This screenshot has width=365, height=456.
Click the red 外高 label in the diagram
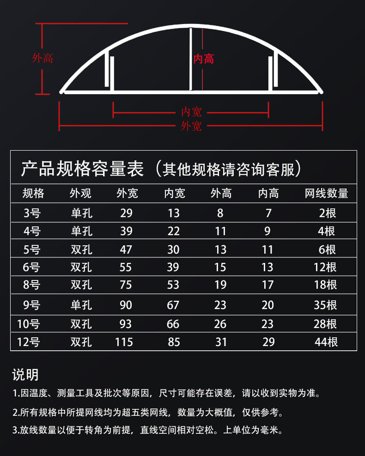(43, 58)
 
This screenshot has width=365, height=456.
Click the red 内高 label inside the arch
(204, 59)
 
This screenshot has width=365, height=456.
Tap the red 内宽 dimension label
(191, 112)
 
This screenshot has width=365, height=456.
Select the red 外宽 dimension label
(191, 126)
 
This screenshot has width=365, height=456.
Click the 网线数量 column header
(326, 194)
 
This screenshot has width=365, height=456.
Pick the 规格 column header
(33, 194)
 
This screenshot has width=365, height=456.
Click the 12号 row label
(28, 342)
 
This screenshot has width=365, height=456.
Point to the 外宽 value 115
(124, 342)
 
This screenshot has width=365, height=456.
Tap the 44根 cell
(326, 342)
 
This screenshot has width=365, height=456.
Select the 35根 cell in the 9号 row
(325, 305)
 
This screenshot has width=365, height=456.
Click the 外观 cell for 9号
(81, 305)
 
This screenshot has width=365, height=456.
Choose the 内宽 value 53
(173, 285)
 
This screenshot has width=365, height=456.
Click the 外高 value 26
(220, 324)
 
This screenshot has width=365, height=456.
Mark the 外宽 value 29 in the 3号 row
(127, 213)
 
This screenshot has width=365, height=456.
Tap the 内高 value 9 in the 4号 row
(267, 231)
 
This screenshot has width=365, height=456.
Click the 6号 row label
(31, 267)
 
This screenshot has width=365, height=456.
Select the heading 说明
(25, 375)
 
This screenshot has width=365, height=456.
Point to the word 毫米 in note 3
(269, 430)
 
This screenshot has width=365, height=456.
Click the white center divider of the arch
(191, 59)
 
